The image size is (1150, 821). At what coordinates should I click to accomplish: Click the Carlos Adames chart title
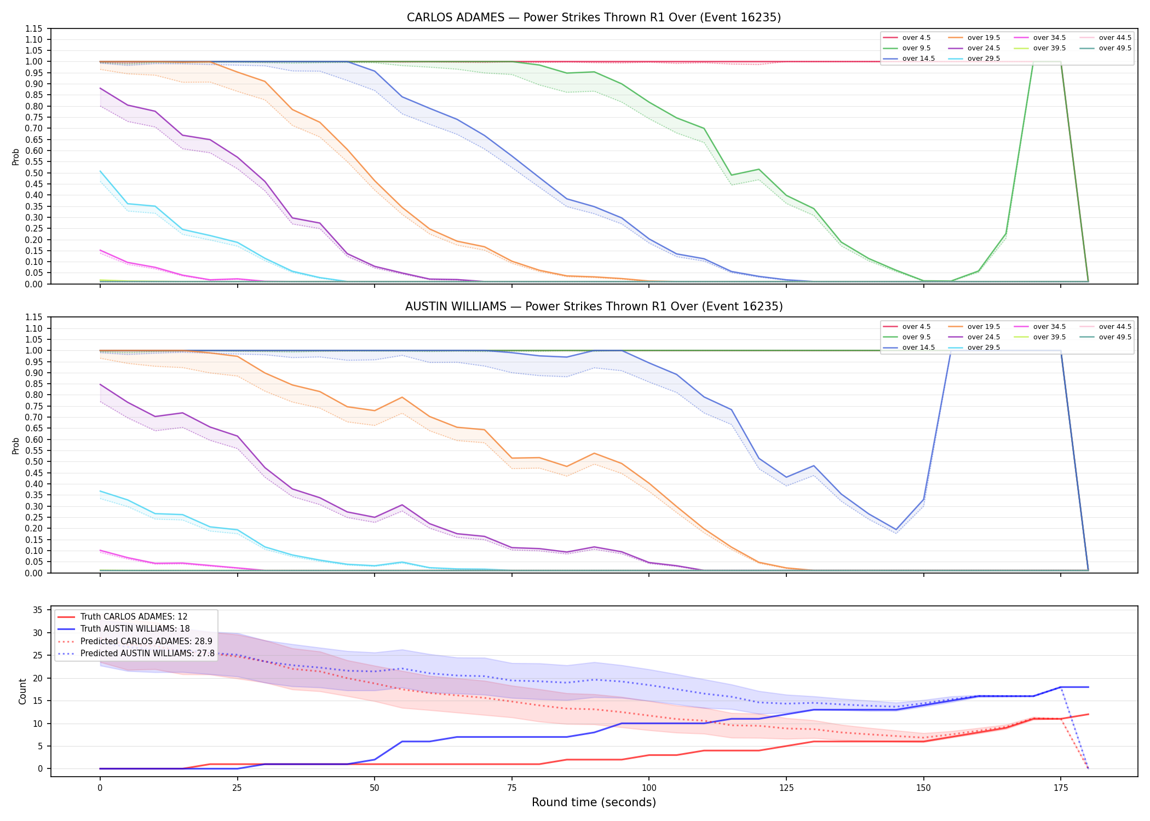point(594,18)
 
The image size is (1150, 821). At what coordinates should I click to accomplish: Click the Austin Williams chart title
point(594,307)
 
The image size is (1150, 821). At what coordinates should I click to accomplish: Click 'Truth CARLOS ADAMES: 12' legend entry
point(122,617)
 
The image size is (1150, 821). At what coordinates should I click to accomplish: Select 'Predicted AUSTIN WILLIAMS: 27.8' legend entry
point(136,654)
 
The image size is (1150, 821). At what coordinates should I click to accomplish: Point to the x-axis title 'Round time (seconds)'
point(594,802)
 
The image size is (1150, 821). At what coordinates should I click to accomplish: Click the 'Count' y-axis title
point(22,691)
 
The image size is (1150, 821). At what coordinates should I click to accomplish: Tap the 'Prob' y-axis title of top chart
point(16,157)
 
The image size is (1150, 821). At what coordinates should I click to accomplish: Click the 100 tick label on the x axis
point(648,788)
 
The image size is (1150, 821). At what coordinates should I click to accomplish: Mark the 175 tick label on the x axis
point(1061,788)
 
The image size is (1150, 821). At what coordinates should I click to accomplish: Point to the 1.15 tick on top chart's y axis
point(34,28)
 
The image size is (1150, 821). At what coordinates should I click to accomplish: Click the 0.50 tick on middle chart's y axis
point(34,462)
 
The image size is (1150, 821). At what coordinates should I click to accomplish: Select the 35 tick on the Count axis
point(38,610)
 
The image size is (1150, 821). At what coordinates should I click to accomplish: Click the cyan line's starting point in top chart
point(100,171)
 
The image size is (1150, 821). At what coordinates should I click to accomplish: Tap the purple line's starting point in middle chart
point(100,384)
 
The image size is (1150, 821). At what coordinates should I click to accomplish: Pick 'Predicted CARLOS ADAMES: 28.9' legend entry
point(135,641)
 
